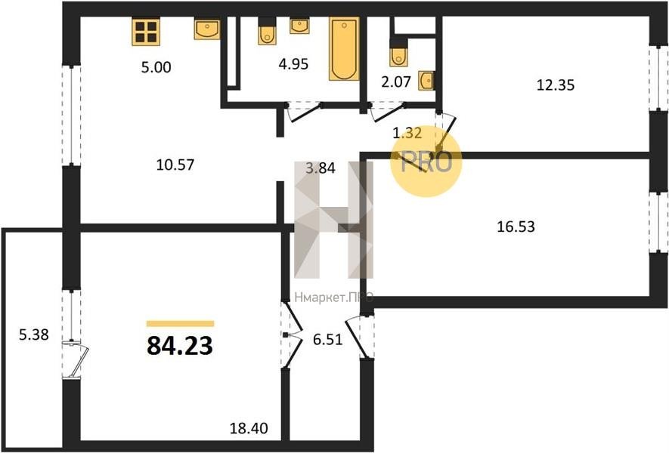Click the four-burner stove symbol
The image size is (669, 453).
click(x=146, y=32)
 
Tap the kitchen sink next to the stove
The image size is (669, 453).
click(x=207, y=29)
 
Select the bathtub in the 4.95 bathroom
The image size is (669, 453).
click(x=344, y=48)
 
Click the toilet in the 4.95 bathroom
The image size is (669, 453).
click(x=267, y=31)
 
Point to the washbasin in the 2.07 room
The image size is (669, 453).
click(x=426, y=81)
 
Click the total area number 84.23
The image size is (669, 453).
click(x=180, y=346)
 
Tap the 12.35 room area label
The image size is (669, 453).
click(x=555, y=85)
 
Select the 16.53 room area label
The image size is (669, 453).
click(x=516, y=226)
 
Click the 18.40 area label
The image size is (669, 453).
click(x=249, y=427)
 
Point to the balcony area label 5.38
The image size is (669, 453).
click(x=34, y=334)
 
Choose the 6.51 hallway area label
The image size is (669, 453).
click(x=327, y=340)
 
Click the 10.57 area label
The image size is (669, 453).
click(x=175, y=165)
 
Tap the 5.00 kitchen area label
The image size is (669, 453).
click(x=156, y=67)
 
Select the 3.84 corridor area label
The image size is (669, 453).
click(x=321, y=168)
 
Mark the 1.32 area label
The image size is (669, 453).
click(x=407, y=133)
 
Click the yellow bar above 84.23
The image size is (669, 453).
click(x=180, y=323)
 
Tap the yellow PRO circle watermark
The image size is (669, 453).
click(x=426, y=161)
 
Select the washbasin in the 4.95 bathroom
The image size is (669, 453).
click(x=299, y=26)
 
